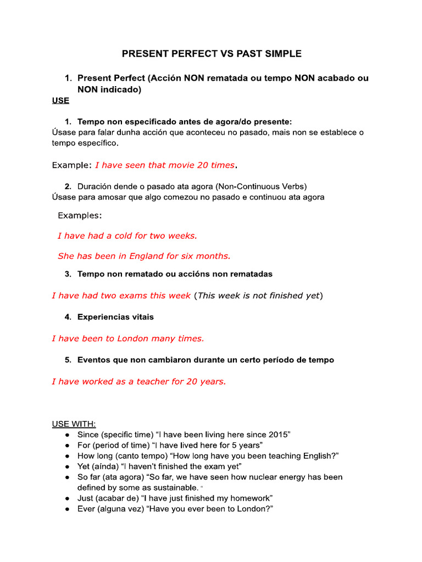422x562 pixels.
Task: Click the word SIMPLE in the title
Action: (281, 54)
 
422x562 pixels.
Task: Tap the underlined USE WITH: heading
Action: (74, 424)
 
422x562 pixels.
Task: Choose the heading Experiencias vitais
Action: (115, 317)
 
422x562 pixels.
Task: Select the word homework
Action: (251, 498)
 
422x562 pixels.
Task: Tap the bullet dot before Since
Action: (66, 435)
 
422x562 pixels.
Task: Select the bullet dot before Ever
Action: (66, 509)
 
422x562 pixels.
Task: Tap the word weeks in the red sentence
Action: (182, 235)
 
